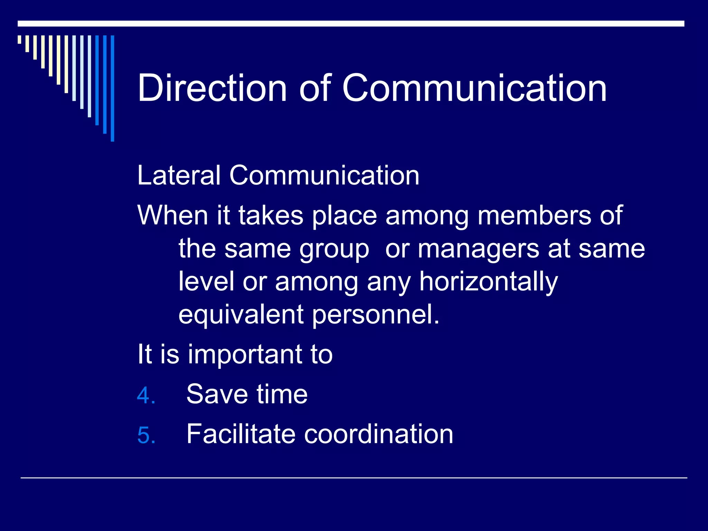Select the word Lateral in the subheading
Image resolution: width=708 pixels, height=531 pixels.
click(179, 175)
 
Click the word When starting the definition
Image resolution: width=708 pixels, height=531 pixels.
click(173, 215)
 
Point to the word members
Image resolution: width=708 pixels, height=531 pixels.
click(534, 215)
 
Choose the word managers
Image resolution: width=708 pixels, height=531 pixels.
click(479, 249)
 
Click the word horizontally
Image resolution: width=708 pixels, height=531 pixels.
click(488, 282)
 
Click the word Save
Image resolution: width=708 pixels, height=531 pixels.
click(217, 394)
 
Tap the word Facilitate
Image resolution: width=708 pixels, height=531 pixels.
click(241, 434)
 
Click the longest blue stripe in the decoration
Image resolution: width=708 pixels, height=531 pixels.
click(112, 88)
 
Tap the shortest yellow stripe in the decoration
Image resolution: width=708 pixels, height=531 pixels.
click(19, 39)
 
